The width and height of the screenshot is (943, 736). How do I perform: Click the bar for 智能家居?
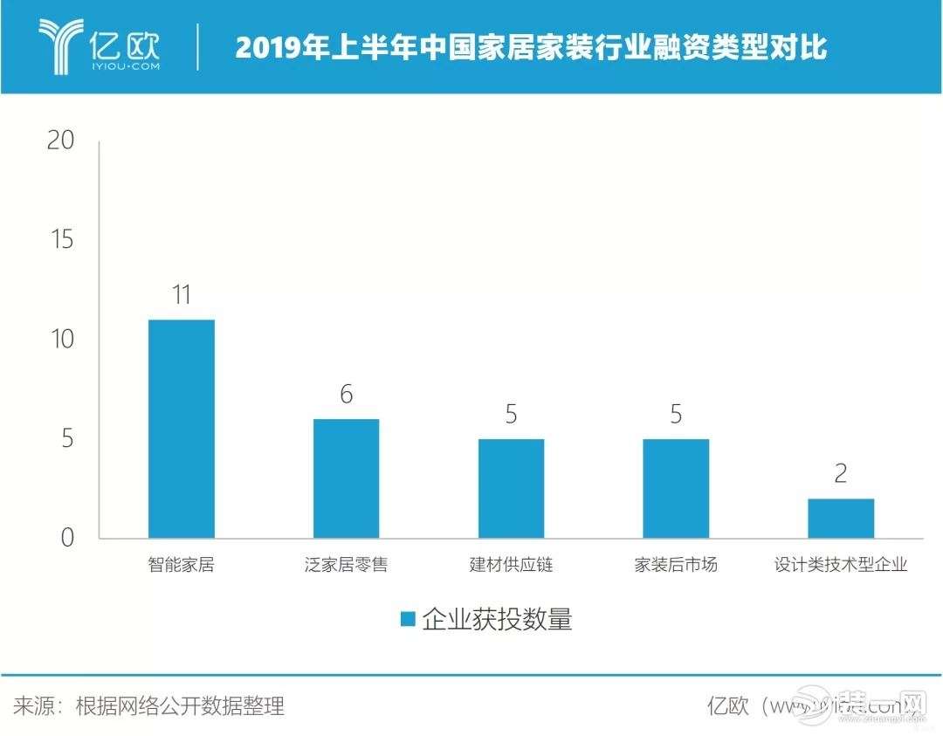[x=181, y=429]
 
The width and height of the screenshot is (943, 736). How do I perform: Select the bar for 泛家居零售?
[x=346, y=478]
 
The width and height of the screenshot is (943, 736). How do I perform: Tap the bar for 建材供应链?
[x=511, y=488]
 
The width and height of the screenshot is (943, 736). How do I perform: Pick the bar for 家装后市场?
[x=676, y=488]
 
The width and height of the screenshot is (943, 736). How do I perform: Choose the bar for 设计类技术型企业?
[x=841, y=519]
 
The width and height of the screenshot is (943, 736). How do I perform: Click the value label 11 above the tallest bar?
[x=181, y=294]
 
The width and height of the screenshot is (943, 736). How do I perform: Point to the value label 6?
[x=346, y=395]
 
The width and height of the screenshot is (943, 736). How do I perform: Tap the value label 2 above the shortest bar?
[x=841, y=474]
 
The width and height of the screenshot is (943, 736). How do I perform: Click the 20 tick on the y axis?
[x=61, y=141]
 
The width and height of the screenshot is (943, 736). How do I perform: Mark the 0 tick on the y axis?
[x=67, y=538]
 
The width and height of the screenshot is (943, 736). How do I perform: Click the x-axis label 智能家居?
[x=181, y=565]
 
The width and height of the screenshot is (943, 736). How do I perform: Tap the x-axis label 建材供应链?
[x=511, y=565]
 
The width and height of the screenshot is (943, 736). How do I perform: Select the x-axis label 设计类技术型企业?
[x=841, y=565]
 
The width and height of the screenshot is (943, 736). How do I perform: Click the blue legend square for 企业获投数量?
[x=408, y=619]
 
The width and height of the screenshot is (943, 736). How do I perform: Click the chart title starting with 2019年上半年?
[x=531, y=47]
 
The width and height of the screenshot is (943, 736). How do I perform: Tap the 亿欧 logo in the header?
[x=100, y=45]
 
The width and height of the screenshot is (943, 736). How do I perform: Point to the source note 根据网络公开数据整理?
[x=180, y=705]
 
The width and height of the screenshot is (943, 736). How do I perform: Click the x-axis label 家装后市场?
[x=676, y=565]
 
